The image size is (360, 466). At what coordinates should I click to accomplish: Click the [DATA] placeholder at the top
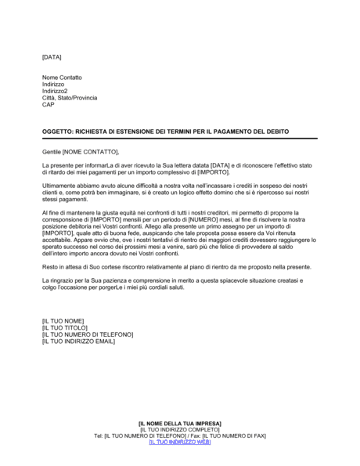point(51,58)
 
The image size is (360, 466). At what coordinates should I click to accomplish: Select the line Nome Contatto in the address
point(62,78)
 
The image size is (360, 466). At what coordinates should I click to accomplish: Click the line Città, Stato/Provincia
point(70,98)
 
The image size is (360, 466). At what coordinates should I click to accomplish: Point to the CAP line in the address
point(49,104)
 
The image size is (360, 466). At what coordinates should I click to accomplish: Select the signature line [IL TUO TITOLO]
point(67,328)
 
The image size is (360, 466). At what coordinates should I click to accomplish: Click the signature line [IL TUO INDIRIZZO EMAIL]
point(79,341)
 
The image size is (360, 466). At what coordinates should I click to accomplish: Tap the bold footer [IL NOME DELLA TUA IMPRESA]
point(179,423)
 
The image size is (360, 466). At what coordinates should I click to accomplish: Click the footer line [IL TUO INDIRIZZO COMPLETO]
point(179,429)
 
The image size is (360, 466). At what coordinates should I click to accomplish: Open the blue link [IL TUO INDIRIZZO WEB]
point(179,442)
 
